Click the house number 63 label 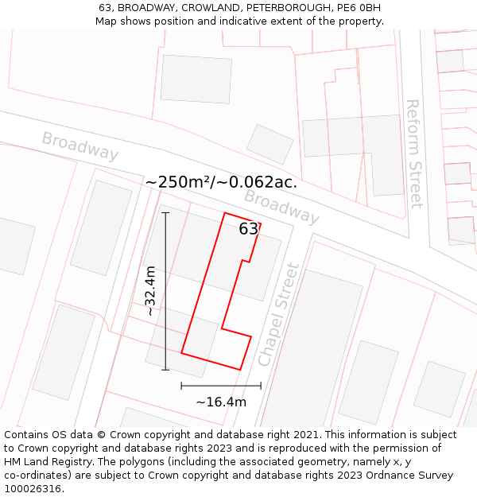[x=249, y=229]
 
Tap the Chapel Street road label [x=279, y=315]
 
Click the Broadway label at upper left [x=80, y=146]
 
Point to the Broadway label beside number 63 [x=281, y=206]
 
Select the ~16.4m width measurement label [x=221, y=402]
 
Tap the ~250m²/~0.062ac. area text [x=221, y=182]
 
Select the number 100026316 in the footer [x=34, y=489]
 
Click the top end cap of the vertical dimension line [x=165, y=212]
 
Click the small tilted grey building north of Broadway [x=270, y=144]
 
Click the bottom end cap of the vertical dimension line [x=165, y=370]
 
